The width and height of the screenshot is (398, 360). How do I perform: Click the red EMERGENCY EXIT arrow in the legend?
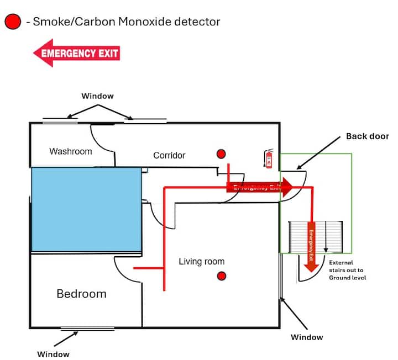[76, 53]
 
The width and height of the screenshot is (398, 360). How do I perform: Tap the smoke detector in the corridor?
[221, 153]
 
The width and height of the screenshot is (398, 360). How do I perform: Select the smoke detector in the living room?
[222, 275]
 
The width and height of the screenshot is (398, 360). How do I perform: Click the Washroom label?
[71, 151]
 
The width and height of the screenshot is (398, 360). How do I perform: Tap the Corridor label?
[169, 156]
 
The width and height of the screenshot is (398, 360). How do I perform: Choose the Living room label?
[201, 261]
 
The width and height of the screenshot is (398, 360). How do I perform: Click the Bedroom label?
[81, 294]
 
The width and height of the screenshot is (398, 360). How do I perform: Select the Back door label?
[368, 136]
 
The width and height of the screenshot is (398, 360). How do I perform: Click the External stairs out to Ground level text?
[347, 270]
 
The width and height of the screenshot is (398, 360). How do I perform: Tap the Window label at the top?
[98, 96]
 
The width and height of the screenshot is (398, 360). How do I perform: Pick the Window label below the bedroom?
[54, 354]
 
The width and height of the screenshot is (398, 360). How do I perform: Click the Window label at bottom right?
[307, 337]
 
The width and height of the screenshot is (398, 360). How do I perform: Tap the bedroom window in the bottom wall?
[87, 329]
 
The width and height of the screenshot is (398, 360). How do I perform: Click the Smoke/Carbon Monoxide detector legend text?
[127, 22]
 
